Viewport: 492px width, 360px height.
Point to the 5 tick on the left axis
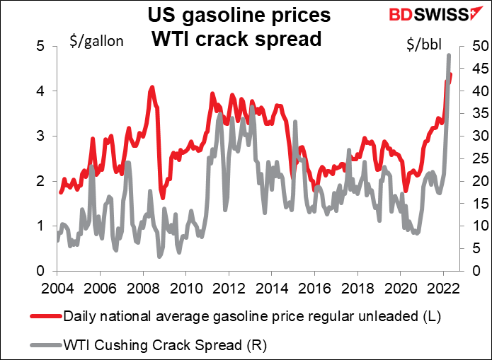(41, 46)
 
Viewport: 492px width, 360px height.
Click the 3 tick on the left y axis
(41, 136)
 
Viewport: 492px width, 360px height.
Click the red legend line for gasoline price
(44, 315)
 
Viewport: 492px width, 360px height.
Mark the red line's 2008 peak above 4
(152, 88)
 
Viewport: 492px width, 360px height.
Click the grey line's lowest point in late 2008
(160, 255)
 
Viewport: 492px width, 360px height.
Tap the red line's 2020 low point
(406, 190)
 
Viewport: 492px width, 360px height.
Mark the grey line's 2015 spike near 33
(294, 122)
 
